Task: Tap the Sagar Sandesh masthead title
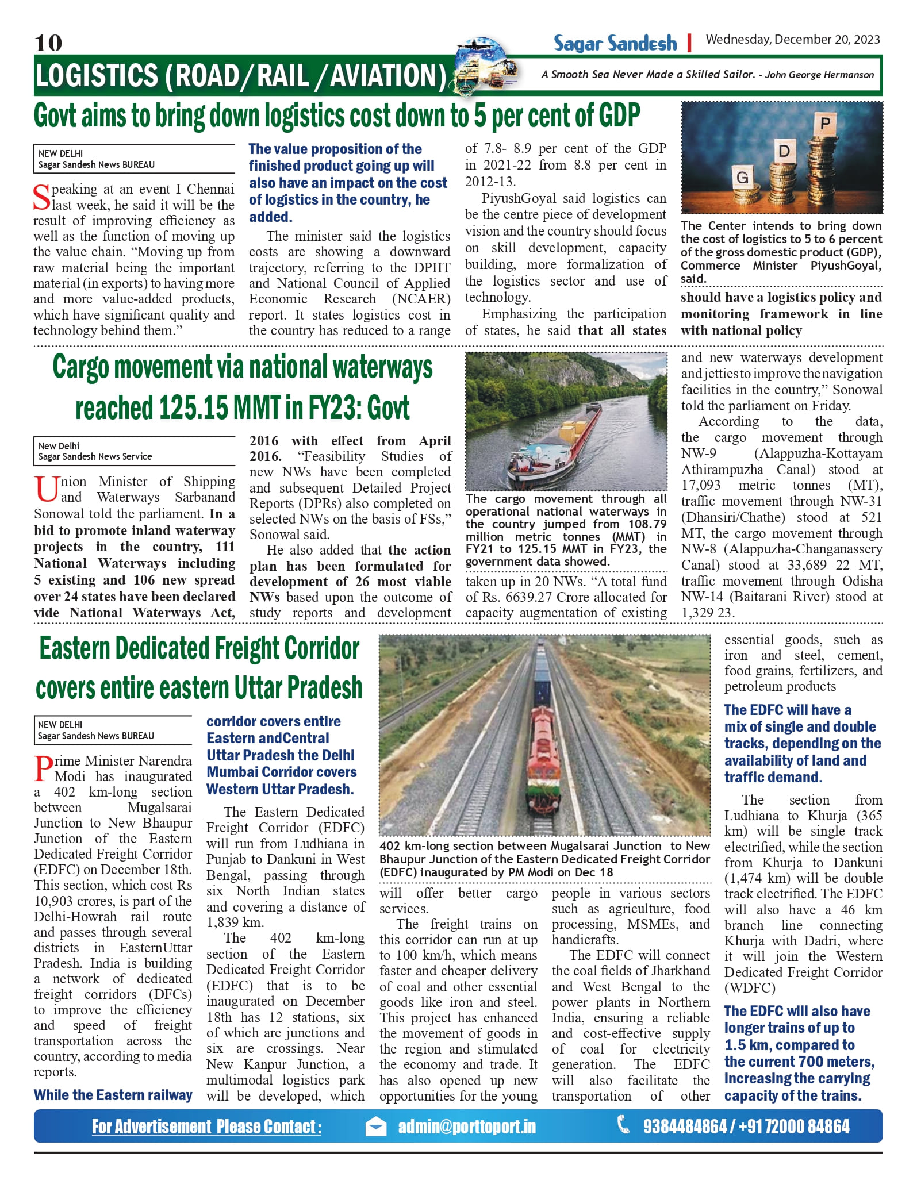[615, 43]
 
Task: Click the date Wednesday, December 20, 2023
[793, 40]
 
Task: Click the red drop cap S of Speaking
[42, 197]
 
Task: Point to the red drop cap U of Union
[45, 489]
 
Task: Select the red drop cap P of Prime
[43, 768]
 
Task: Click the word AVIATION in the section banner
[387, 75]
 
